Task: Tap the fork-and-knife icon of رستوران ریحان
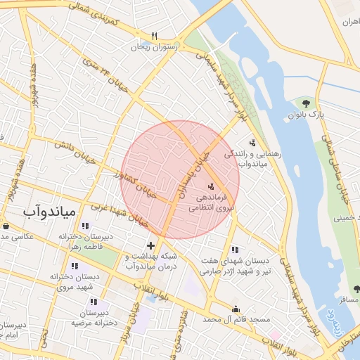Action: click(154, 36)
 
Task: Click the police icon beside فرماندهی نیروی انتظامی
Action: click(211, 186)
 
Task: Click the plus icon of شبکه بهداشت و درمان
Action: click(150, 245)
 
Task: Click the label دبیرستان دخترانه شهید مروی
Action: click(71, 282)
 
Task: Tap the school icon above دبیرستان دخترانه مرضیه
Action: click(94, 302)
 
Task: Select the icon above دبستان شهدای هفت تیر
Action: click(234, 250)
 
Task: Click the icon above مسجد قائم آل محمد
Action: click(236, 309)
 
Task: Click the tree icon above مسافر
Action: click(356, 289)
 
